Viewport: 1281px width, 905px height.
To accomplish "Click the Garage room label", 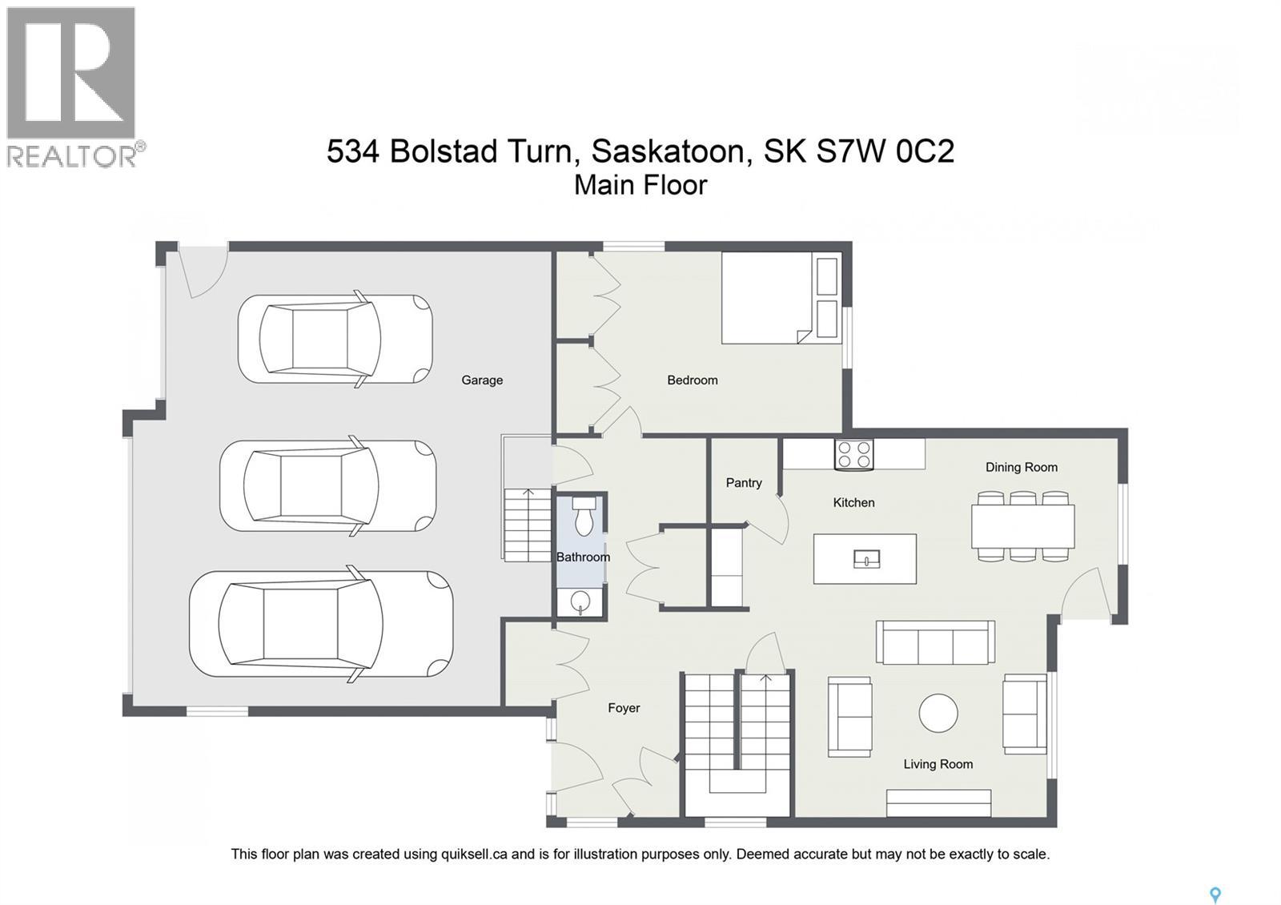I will click(482, 380).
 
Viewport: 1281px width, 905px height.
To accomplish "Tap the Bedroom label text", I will click(692, 380).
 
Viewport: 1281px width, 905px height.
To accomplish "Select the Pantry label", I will click(744, 483).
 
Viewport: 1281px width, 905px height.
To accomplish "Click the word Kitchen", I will click(853, 503).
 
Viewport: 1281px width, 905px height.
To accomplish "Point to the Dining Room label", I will click(1021, 468).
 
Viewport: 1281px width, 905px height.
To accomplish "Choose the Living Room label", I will click(938, 764).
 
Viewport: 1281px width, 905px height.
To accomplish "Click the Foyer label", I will click(624, 708).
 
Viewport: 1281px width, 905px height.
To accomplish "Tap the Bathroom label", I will click(583, 557).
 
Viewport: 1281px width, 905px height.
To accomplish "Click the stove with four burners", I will click(853, 455).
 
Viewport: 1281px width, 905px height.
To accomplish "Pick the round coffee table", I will click(938, 712).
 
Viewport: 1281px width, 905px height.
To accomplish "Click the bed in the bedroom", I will click(769, 299).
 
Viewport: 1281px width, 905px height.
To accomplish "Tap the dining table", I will click(1022, 526).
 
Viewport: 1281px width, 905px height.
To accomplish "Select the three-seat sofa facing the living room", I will click(935, 642).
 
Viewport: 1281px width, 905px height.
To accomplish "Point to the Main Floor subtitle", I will click(640, 185).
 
